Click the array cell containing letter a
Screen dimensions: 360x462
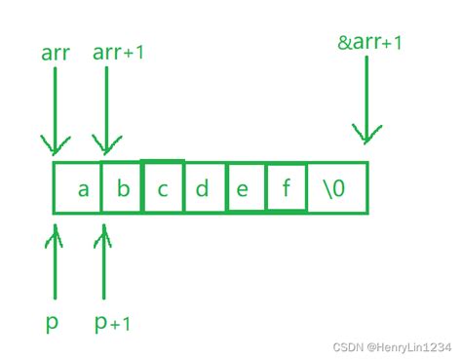(83, 188)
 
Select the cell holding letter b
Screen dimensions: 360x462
(123, 188)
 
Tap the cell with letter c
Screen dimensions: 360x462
(163, 188)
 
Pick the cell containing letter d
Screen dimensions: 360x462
(203, 188)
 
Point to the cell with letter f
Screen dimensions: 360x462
(286, 188)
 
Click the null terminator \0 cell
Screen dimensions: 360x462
(336, 188)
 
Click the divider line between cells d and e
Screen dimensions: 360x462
(223, 188)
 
